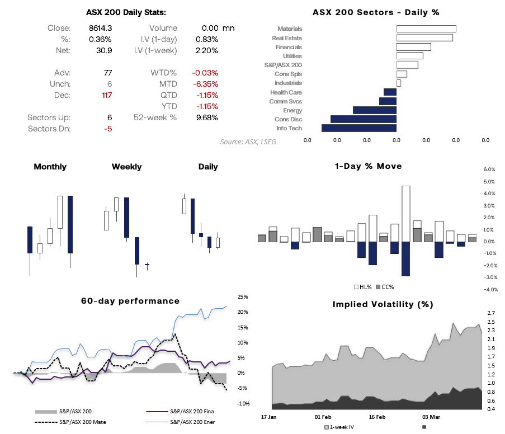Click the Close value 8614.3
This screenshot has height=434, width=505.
click(x=100, y=28)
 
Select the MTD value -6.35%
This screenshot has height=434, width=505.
click(x=205, y=84)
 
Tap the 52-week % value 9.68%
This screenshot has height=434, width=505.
click(x=206, y=117)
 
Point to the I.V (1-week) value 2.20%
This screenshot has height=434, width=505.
click(x=206, y=50)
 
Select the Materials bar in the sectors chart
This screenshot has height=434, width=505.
click(x=426, y=29)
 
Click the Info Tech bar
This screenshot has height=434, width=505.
click(x=358, y=128)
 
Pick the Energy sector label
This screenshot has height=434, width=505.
click(x=292, y=110)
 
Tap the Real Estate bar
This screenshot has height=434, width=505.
click(x=424, y=38)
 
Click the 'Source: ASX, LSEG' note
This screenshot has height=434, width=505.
click(x=248, y=142)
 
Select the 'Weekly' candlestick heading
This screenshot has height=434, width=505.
click(x=126, y=167)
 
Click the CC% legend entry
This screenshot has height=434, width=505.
click(x=385, y=287)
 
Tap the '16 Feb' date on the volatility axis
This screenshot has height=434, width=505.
click(x=377, y=417)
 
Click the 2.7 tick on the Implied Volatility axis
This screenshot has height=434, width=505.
click(x=491, y=313)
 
